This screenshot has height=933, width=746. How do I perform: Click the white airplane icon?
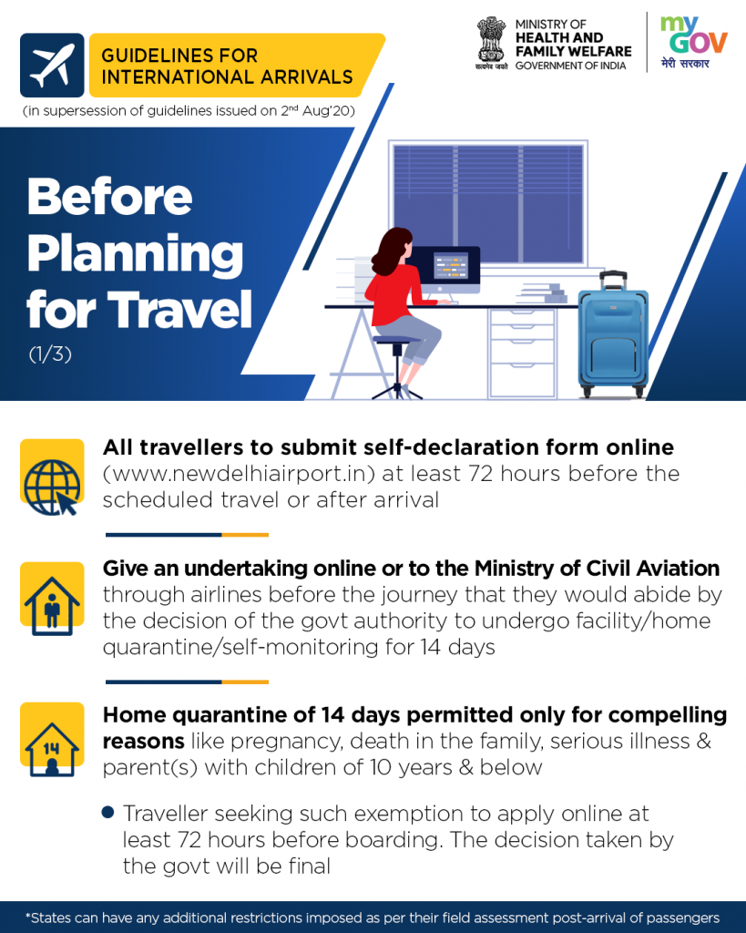click(x=52, y=65)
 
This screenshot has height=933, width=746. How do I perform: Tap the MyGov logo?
click(x=693, y=43)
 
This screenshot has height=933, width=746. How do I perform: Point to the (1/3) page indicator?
click(x=51, y=354)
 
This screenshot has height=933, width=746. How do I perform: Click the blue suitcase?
click(x=613, y=335)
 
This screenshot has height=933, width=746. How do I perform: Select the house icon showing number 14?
click(x=52, y=749)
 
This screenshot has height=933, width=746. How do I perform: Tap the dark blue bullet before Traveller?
click(x=107, y=812)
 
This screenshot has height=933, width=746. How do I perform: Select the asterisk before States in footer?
click(x=28, y=917)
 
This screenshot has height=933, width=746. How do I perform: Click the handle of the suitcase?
click(x=613, y=281)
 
